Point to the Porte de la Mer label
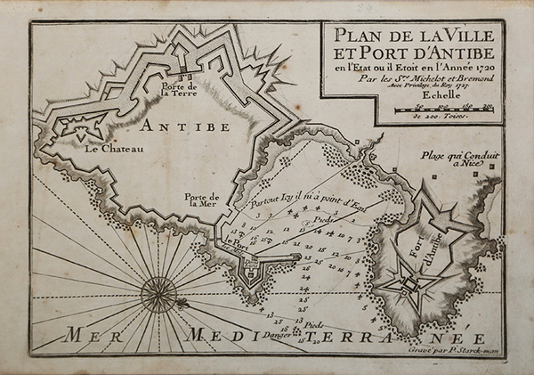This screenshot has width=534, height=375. (203, 200)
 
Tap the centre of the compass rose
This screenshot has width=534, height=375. (158, 289)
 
